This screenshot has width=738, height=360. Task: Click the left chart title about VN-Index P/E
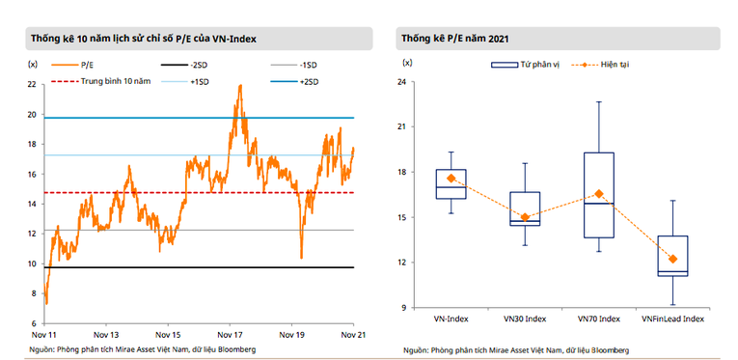148,39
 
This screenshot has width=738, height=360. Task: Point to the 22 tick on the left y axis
32,84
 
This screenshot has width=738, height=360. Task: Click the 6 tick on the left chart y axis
34,323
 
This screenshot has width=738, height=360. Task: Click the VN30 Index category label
526,318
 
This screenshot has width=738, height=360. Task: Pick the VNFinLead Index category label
672,318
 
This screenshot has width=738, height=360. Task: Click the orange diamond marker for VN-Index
451,179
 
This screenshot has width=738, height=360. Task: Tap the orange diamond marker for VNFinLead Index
672,259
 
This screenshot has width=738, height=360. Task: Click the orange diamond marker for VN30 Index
526,217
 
